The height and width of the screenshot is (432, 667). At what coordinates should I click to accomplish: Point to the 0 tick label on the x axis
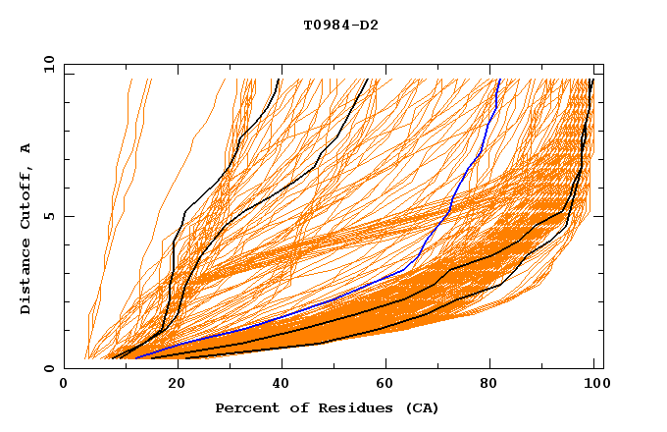pos(64,386)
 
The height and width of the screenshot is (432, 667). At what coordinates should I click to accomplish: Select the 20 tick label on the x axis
pos(170,386)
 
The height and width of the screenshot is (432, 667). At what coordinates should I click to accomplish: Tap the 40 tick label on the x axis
pos(277,386)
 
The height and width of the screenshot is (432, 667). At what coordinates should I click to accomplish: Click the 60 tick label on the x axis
pos(383,386)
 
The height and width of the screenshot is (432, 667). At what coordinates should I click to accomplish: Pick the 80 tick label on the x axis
pos(488,386)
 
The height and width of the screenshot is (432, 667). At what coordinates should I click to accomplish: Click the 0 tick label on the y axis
pos(49,368)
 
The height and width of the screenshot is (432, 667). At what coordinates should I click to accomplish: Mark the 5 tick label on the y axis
pos(49,216)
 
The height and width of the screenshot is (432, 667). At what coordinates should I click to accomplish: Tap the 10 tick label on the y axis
pos(46,64)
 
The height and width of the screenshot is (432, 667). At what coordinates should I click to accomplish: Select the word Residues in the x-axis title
pos(343,407)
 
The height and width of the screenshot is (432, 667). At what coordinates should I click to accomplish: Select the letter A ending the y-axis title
pos(26,147)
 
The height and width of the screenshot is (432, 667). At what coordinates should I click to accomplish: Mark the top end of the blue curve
pos(499,80)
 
